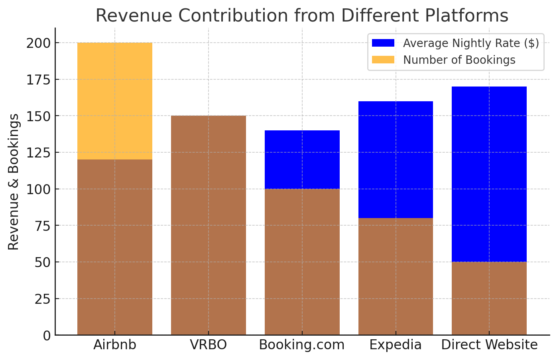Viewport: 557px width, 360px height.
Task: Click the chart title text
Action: tap(302, 16)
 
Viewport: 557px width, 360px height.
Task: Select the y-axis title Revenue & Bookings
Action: tap(14, 182)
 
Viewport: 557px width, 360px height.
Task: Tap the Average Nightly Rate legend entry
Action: tap(471, 43)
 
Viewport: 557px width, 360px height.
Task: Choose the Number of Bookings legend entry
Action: tap(459, 60)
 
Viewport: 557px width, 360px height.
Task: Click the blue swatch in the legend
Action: tap(383, 43)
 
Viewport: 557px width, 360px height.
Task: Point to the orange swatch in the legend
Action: tap(383, 60)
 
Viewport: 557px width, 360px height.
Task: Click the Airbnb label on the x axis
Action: tap(115, 345)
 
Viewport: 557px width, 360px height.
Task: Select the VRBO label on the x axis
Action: tap(209, 345)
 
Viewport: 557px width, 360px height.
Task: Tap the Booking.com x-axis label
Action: tap(302, 345)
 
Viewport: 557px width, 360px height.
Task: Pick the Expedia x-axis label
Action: tap(396, 345)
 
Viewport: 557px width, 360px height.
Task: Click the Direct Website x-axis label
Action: tap(489, 345)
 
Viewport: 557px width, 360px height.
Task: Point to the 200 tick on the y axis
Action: tap(38, 43)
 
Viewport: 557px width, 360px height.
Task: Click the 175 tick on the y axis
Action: tap(38, 80)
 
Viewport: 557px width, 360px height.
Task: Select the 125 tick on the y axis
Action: tap(38, 153)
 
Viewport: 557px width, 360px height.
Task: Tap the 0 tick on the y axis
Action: tap(47, 335)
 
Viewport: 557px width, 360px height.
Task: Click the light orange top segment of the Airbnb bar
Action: tap(115, 101)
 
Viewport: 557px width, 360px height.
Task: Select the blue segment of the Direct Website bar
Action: tap(489, 174)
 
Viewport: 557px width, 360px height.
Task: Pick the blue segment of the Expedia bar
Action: tap(396, 159)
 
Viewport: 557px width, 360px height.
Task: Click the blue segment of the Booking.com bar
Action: tap(302, 159)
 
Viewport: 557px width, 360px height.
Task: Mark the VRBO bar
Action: tap(209, 225)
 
